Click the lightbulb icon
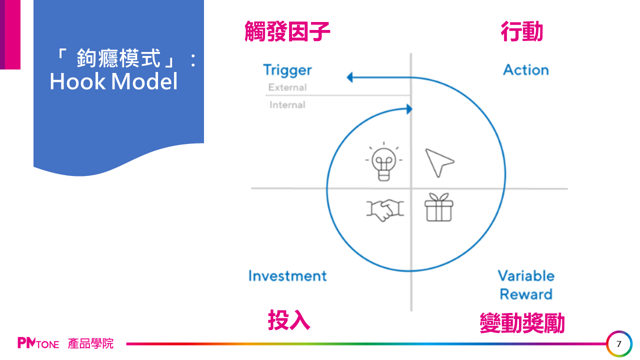(383, 161)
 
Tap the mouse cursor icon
(439, 162)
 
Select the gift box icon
(439, 207)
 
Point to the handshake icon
(385, 210)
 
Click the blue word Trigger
(287, 70)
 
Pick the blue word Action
(526, 70)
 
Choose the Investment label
(287, 276)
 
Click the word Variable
(526, 276)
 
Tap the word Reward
(526, 294)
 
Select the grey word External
(287, 87)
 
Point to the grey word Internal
(287, 105)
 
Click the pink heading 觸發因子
(287, 31)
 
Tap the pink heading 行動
(521, 31)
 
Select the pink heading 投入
(289, 320)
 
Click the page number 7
(619, 344)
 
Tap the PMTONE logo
(38, 343)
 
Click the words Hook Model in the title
(113, 81)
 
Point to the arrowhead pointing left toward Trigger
(349, 77)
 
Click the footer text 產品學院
(90, 343)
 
